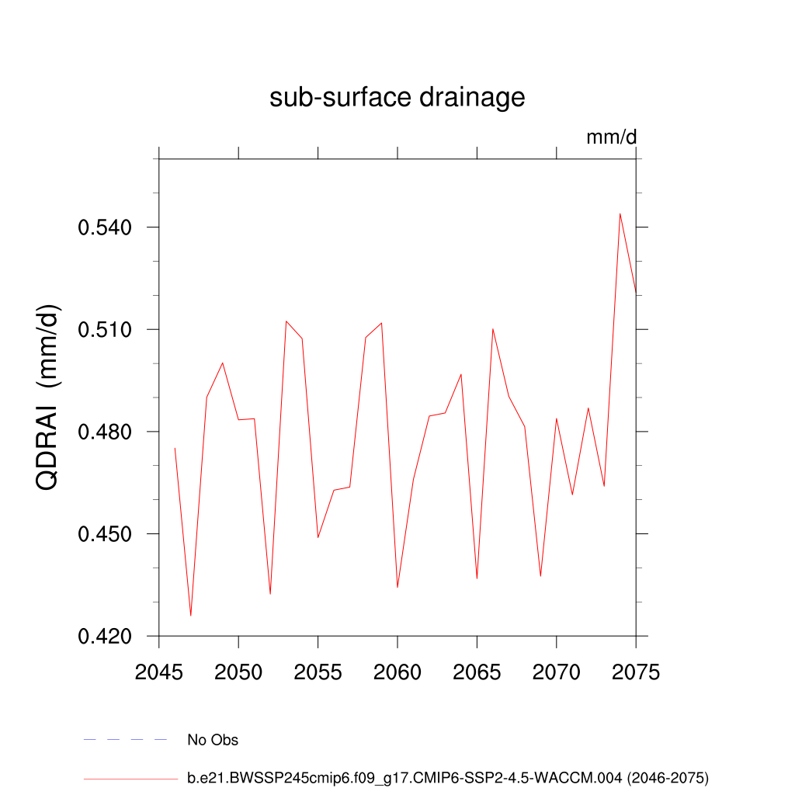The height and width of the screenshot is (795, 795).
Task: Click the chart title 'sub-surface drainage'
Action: (397, 98)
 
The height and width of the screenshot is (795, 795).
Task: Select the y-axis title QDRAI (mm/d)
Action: (49, 397)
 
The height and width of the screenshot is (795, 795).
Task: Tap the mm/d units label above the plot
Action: (611, 137)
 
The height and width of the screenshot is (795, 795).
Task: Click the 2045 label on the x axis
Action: (159, 672)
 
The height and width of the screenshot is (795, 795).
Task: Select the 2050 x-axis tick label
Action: (238, 672)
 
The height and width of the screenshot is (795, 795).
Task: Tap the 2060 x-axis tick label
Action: (397, 672)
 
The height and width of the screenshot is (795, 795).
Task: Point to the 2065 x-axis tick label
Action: (477, 672)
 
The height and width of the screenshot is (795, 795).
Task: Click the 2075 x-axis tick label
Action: (636, 672)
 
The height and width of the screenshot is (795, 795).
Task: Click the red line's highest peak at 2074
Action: (620, 214)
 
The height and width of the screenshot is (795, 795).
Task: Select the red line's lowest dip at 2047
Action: (191, 616)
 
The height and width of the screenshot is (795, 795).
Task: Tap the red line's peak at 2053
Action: (286, 321)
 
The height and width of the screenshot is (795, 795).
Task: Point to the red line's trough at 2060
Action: (397, 587)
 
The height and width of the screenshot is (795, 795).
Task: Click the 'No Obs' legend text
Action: (213, 740)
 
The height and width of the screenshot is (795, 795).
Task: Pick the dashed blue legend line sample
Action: (126, 740)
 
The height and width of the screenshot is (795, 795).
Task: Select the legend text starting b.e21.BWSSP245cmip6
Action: (448, 777)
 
